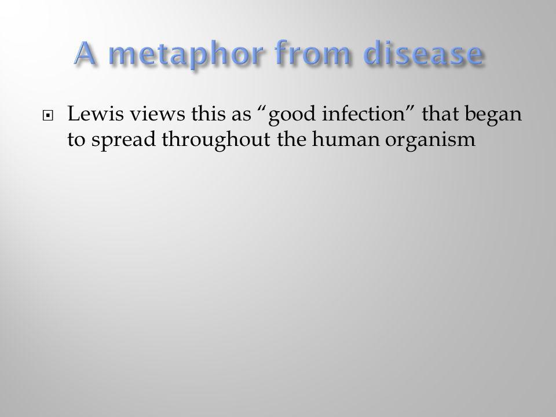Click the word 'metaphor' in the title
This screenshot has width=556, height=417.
pyautogui.click(x=187, y=54)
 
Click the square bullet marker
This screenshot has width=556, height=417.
pyautogui.click(x=47, y=116)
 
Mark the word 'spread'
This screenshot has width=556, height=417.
pyautogui.click(x=123, y=140)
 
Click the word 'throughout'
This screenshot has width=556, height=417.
pyautogui.click(x=216, y=140)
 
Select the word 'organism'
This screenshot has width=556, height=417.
pyautogui.click(x=430, y=140)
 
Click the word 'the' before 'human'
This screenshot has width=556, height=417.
pyautogui.click(x=291, y=138)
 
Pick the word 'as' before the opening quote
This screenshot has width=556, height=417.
pyautogui.click(x=241, y=116)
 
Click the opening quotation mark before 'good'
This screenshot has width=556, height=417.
pyautogui.click(x=262, y=109)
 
